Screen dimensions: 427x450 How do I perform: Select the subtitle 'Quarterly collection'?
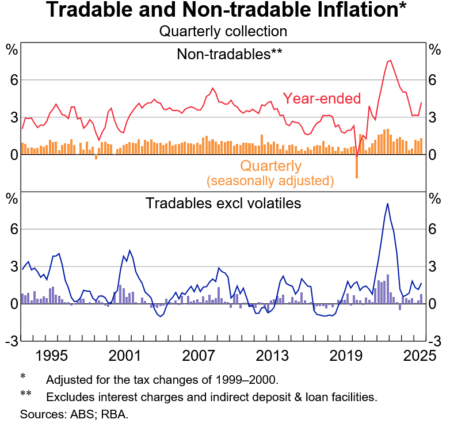224,31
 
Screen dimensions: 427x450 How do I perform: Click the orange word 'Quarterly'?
270,166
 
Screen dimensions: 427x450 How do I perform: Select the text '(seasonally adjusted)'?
270,181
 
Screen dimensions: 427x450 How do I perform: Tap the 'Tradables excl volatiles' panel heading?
223,203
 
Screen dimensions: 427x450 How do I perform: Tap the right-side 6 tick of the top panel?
436,80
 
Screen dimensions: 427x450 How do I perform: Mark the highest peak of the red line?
390,60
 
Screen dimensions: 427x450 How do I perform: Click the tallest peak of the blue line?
387,204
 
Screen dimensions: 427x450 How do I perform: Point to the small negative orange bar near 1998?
96,157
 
